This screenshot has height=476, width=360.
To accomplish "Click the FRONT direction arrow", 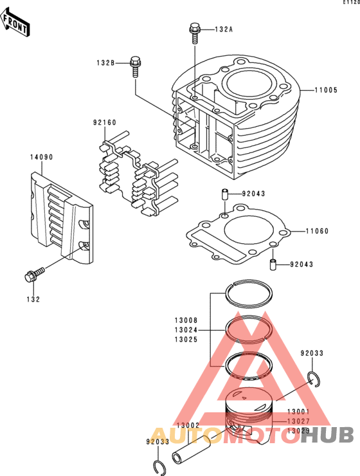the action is coord(15,23).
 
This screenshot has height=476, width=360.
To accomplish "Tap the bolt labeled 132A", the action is coord(194,33).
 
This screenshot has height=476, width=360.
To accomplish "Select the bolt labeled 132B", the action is coord(135,66).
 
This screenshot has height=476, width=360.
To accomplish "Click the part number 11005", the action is coord(326,90).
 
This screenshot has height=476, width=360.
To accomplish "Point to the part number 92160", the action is coord(105,123).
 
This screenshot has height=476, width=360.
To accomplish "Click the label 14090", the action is coord(41,157).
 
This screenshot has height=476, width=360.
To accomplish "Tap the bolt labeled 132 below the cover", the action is coord(34,274).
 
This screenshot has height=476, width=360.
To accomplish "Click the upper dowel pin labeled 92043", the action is coord(225,194).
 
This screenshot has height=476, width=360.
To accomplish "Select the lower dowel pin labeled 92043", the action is coord(273,264).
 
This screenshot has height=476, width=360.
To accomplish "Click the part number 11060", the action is coord(317,232).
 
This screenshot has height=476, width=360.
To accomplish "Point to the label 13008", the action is coord(186,320).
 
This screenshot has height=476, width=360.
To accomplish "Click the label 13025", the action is coord(186,340).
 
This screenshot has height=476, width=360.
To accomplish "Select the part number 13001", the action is coord(298,412).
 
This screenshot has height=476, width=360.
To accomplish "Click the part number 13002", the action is coord(188,426).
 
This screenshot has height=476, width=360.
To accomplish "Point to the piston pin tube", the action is coord(191,449).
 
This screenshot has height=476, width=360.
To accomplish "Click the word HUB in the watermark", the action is coord(328,435).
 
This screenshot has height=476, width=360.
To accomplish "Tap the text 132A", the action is coord(224,30).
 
